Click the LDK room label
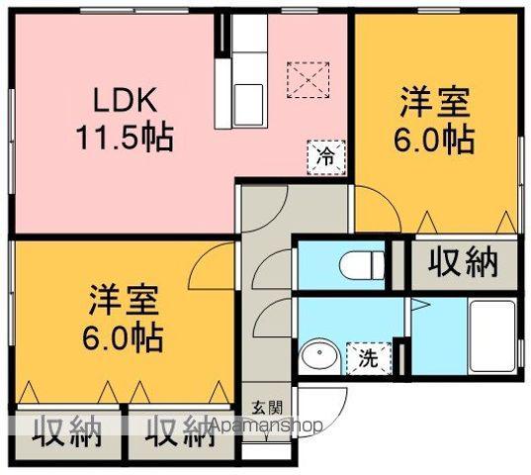point(124,101)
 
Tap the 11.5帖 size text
point(125,136)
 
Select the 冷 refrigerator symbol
point(324,154)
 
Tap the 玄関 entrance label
point(266,407)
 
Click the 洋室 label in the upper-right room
point(435,103)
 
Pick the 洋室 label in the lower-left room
point(123,299)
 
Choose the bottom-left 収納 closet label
point(67,430)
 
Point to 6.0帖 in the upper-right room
point(435,139)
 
